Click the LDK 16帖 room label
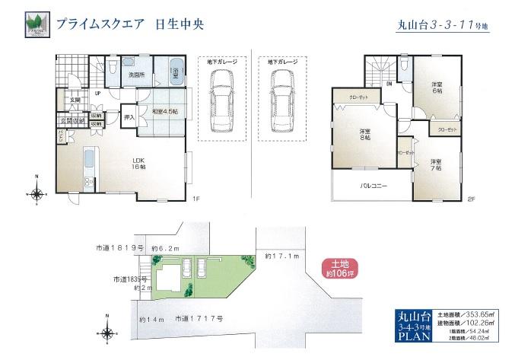click(138, 162)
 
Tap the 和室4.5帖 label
click(164, 113)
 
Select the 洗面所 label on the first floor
click(136, 75)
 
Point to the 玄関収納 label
click(71, 120)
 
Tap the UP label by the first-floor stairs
click(97, 94)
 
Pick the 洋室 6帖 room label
click(436, 87)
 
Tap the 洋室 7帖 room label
click(435, 164)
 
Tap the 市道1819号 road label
click(119, 248)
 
